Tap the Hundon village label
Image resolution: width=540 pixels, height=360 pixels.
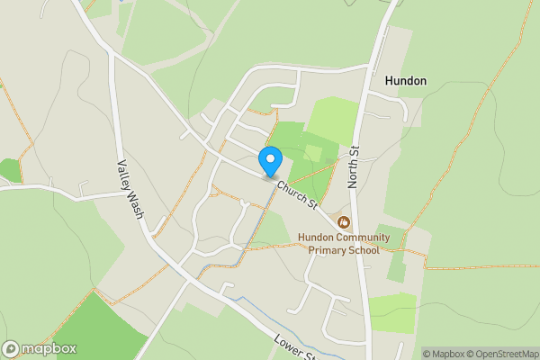point(405,80)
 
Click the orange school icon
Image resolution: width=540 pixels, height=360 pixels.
point(342,221)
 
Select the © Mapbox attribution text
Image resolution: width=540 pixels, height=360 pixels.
point(445,354)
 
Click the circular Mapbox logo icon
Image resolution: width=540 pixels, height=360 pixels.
point(11,349)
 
